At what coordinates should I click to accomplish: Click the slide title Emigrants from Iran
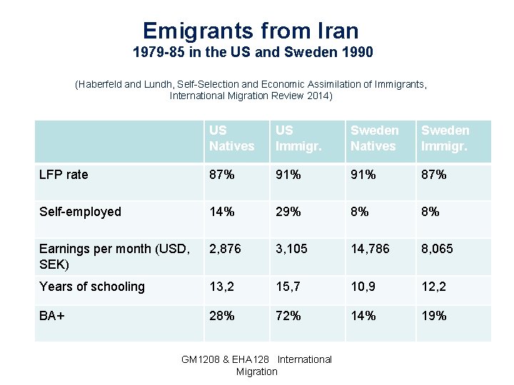pyautogui.click(x=251, y=31)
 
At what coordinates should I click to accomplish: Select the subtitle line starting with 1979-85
pyautogui.click(x=253, y=53)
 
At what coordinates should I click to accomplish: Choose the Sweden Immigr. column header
pyautogui.click(x=445, y=138)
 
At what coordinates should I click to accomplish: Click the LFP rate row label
pyautogui.click(x=64, y=175)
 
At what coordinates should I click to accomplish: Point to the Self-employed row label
pyautogui.click(x=80, y=212)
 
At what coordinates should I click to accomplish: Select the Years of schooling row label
pyautogui.click(x=91, y=287)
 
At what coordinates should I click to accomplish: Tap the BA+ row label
pyautogui.click(x=52, y=316)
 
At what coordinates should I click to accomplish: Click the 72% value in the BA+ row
pyautogui.click(x=288, y=316)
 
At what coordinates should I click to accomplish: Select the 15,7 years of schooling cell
pyautogui.click(x=289, y=287)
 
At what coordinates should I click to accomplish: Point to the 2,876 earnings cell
pyautogui.click(x=225, y=249)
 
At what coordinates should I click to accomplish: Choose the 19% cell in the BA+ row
pyautogui.click(x=433, y=316)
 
